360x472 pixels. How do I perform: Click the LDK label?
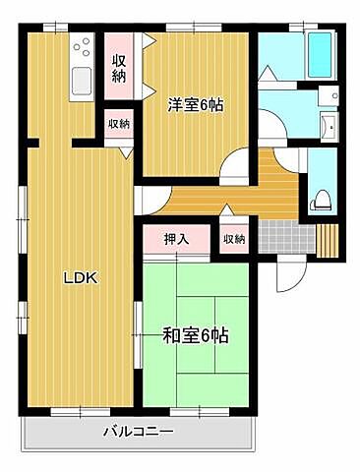pyautogui.click(x=80, y=278)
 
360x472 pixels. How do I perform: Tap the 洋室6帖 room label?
pyautogui.click(x=194, y=103)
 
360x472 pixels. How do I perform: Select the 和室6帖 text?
pyautogui.click(x=195, y=335)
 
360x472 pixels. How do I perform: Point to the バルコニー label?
pyautogui.click(x=139, y=433)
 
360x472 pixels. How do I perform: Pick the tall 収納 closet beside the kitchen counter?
pyautogui.click(x=119, y=67)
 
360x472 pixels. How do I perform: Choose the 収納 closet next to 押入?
pyautogui.click(x=233, y=239)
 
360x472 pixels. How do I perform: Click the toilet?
pyautogui.click(x=320, y=201)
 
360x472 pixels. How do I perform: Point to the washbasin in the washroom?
pyautogui.click(x=329, y=124)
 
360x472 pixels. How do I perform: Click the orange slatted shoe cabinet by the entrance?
pyautogui.click(x=329, y=240)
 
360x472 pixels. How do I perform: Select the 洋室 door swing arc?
pyautogui.click(x=235, y=168)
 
